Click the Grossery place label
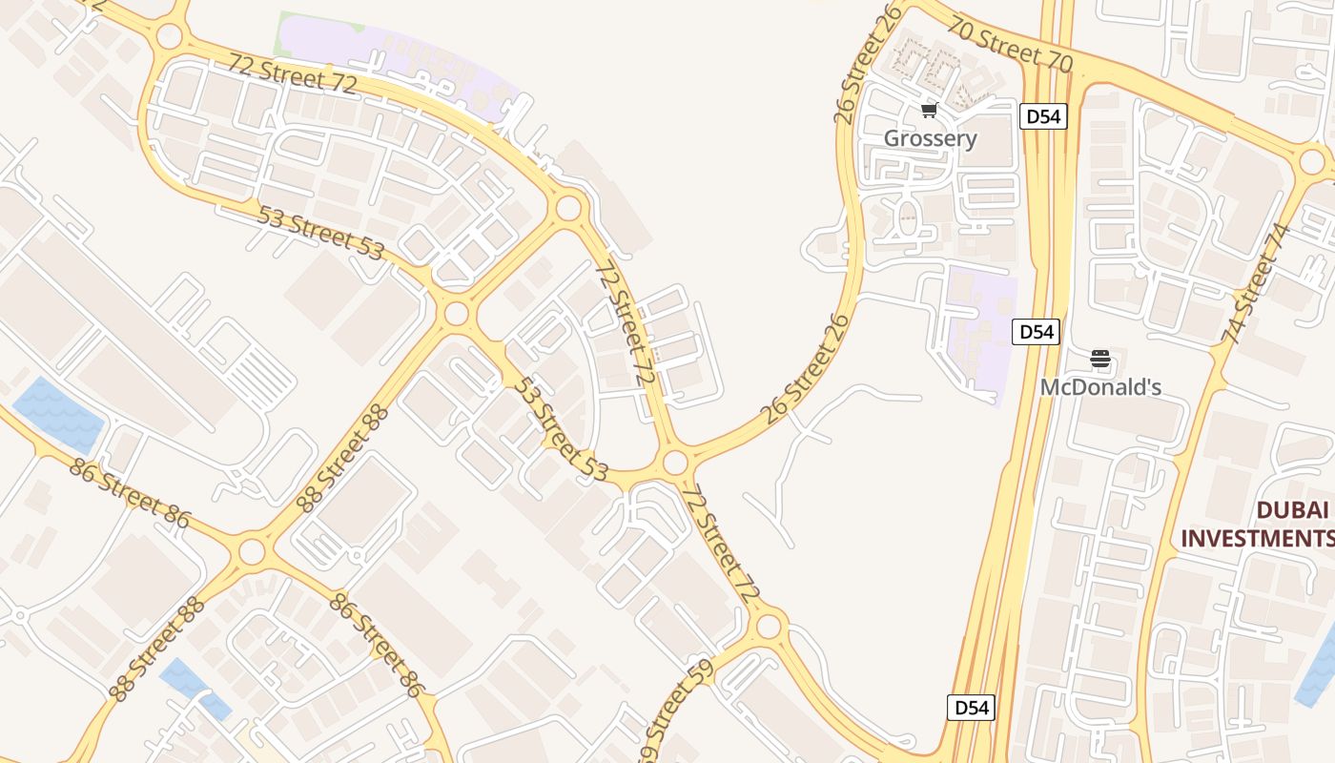tap(930, 138)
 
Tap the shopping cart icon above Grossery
tap(930, 111)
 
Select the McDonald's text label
tap(1100, 387)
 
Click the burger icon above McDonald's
tap(1100, 360)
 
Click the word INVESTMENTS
tap(1257, 538)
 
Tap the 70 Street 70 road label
tap(1010, 45)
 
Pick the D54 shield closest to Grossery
tap(1042, 116)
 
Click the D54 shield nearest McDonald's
tap(1036, 332)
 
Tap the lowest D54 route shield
tap(971, 708)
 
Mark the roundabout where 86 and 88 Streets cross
tap(252, 551)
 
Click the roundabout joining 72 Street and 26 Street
tap(675, 464)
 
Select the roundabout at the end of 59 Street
tap(769, 627)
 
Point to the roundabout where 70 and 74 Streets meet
tap(1312, 160)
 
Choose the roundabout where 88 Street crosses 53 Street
tap(457, 313)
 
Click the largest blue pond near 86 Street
tap(57, 414)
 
